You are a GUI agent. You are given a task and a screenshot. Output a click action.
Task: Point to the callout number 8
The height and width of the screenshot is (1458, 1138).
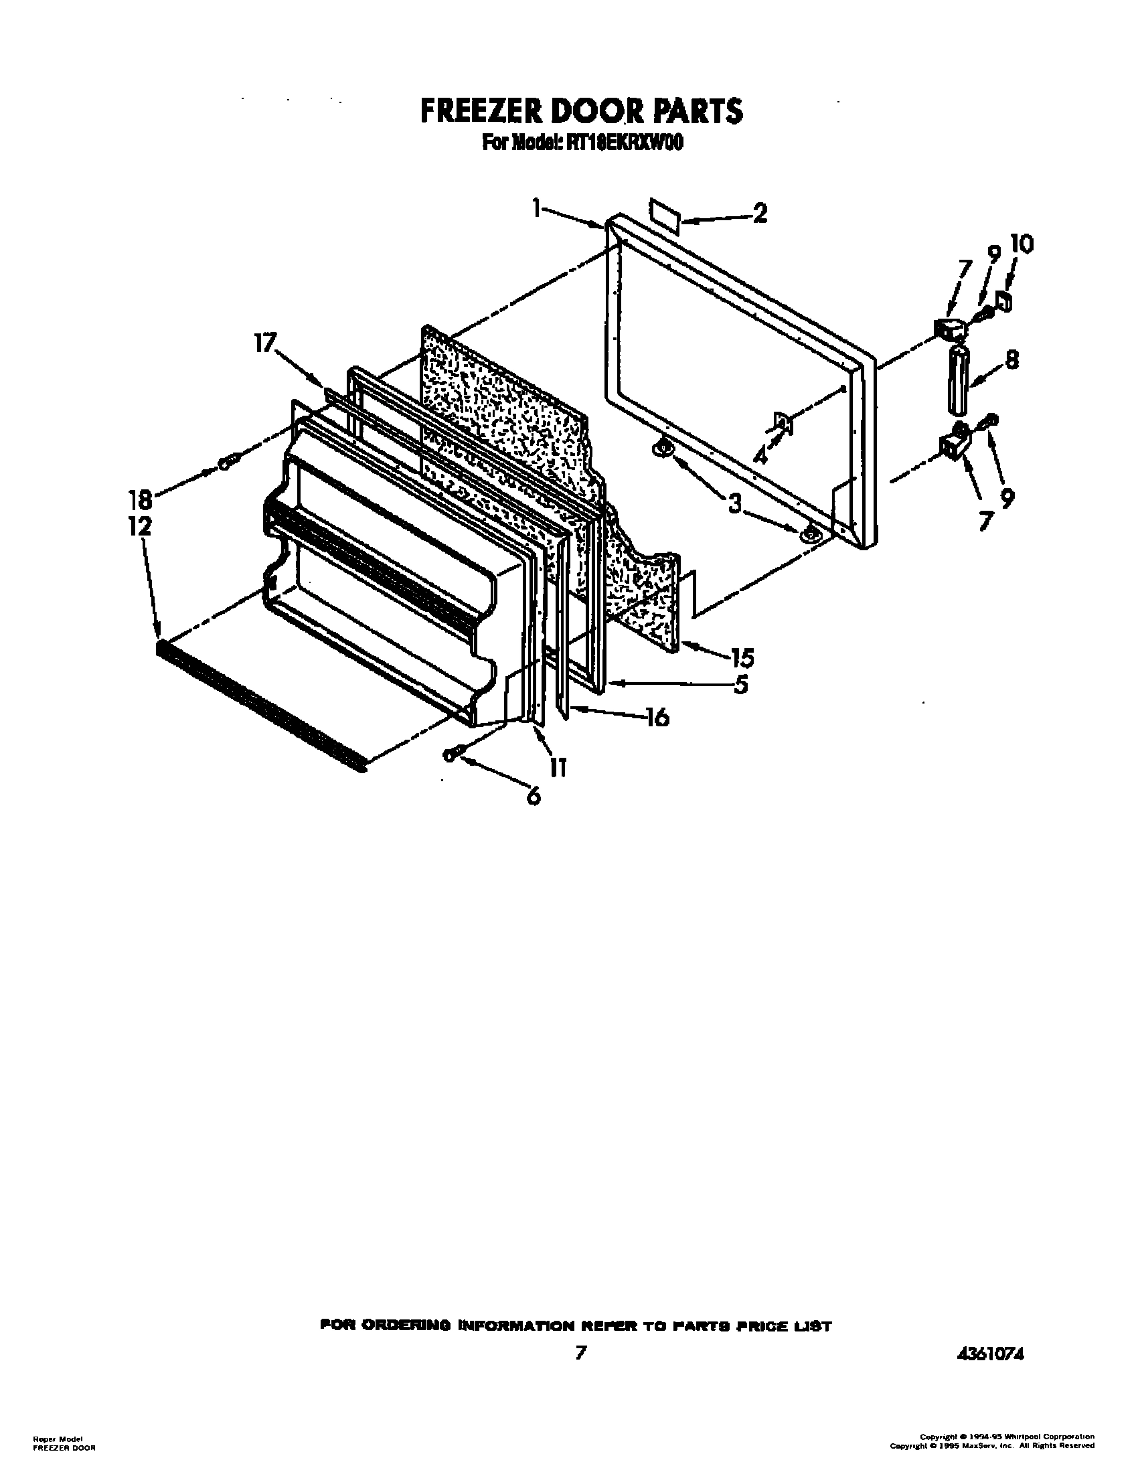point(1011,361)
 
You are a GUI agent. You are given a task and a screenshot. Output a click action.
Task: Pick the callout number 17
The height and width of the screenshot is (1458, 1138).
point(264,345)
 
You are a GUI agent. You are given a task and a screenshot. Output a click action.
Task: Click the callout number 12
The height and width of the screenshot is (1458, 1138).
point(141,527)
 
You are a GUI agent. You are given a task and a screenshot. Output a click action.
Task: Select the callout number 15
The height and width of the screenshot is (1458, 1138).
point(742,657)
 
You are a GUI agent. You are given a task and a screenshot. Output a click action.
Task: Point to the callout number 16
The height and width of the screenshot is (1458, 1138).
point(656,717)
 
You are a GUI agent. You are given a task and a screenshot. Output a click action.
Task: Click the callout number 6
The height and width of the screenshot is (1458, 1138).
point(533,797)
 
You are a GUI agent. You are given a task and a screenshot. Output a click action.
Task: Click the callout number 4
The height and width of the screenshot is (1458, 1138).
point(761,455)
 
